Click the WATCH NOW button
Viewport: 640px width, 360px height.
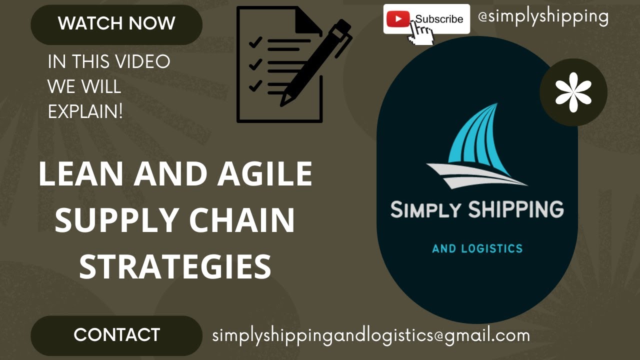point(116,23)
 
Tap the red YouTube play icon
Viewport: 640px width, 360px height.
point(398,19)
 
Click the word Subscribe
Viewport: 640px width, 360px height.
point(439,19)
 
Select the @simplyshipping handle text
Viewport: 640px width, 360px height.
point(543,16)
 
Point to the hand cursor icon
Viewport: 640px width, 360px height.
point(421,34)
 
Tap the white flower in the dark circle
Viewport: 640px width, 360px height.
point(573,92)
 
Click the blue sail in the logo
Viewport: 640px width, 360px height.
point(475,137)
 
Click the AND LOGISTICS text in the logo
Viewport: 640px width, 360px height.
point(477,248)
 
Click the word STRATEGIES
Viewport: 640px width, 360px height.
point(175,266)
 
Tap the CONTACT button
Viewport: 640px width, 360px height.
point(116,335)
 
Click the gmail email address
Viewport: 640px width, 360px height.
point(371,335)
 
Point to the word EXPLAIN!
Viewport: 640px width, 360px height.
point(85,111)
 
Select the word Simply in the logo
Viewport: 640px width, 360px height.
point(425,209)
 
